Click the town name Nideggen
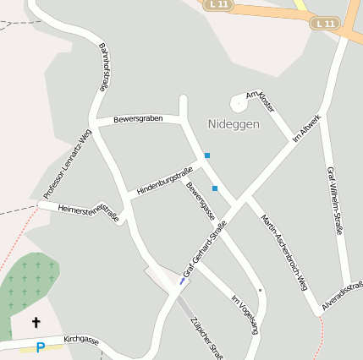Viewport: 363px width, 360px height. click(x=234, y=124)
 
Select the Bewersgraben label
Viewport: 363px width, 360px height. click(x=136, y=118)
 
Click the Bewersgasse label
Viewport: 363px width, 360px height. click(x=201, y=204)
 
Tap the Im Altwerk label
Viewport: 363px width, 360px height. click(x=306, y=128)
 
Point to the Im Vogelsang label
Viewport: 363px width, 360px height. click(x=244, y=314)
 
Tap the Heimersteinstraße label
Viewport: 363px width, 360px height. click(x=89, y=213)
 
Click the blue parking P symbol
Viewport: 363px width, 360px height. click(x=40, y=347)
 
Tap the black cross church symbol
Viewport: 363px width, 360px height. click(x=36, y=322)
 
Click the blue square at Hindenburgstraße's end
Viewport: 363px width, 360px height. click(x=206, y=155)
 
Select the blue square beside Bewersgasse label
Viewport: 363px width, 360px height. click(x=215, y=188)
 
